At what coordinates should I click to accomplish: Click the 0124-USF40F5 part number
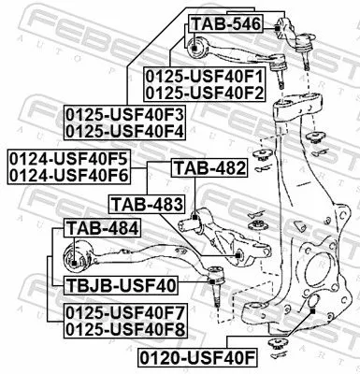(67, 157)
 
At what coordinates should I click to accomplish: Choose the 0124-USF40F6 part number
(67, 174)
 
